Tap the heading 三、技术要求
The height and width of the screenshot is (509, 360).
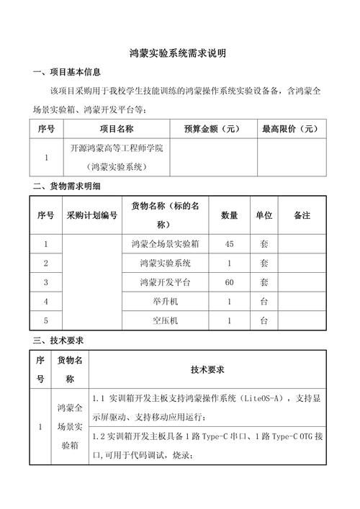(x=62, y=340)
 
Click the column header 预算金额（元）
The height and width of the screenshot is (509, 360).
(x=212, y=130)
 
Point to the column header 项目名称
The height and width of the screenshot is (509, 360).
(x=117, y=130)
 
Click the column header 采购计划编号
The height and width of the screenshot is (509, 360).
(x=91, y=215)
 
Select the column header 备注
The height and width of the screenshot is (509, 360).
(x=302, y=215)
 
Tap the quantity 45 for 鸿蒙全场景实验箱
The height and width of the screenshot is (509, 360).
(x=229, y=243)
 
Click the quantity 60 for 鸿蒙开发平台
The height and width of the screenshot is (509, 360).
(x=229, y=282)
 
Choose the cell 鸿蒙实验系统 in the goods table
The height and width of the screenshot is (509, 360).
(x=166, y=263)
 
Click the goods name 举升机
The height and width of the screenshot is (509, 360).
(x=166, y=302)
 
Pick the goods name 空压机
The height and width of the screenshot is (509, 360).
(x=166, y=321)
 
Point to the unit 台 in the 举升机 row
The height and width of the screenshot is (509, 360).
(x=264, y=302)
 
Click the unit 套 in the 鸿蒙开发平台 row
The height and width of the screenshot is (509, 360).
(x=264, y=282)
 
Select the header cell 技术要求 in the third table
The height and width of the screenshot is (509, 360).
(x=208, y=369)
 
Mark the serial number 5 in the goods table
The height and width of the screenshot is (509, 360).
(x=46, y=321)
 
